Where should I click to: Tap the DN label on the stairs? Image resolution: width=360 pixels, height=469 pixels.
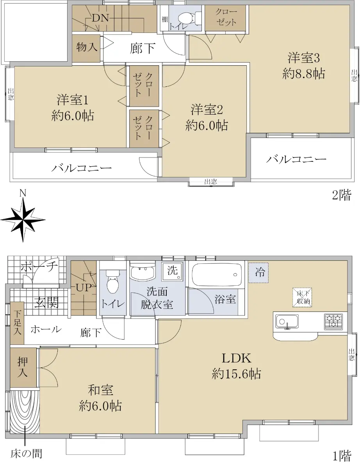pyautogui.click(x=100, y=18)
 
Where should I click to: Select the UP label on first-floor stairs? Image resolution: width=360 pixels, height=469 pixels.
pyautogui.click(x=84, y=288)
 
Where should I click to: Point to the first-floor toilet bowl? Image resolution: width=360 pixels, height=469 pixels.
pyautogui.click(x=112, y=282)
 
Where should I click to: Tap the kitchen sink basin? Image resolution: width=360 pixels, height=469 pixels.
pyautogui.click(x=287, y=321)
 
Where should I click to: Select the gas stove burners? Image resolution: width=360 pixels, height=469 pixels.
pyautogui.click(x=333, y=321)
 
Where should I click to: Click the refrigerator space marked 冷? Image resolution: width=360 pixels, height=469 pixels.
pyautogui.click(x=258, y=272)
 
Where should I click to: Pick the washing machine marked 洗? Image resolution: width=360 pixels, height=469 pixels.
pyautogui.click(x=173, y=271)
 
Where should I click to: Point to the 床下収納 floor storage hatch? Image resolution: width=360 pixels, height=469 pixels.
pyautogui.click(x=302, y=297)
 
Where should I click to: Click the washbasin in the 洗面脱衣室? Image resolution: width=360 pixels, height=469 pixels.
pyautogui.click(x=143, y=271)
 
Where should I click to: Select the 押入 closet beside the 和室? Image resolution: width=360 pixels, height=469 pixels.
pyautogui.click(x=23, y=367)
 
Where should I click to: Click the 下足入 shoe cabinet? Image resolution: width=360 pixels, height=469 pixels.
pyautogui.click(x=17, y=323)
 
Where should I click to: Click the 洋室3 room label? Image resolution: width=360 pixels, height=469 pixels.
pyautogui.click(x=303, y=58)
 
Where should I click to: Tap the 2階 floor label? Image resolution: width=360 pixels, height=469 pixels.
pyautogui.click(x=342, y=195)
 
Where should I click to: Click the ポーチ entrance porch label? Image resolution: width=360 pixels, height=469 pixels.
pyautogui.click(x=39, y=267)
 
